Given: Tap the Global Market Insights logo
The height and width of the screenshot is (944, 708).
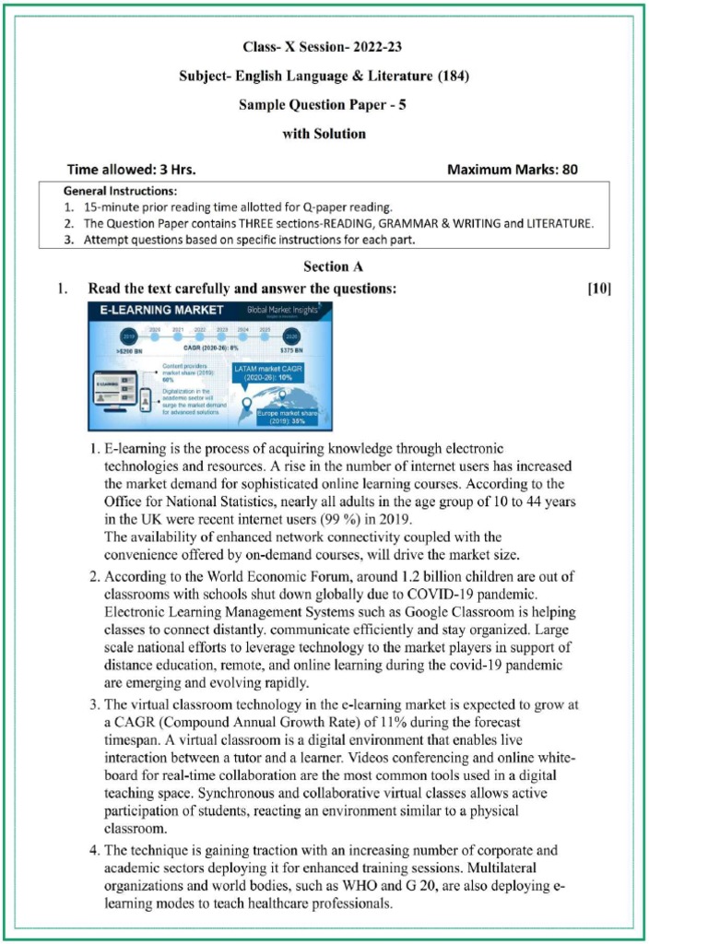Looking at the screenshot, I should pos(280,312).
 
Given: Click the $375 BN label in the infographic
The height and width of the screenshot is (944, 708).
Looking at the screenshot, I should pos(291,351).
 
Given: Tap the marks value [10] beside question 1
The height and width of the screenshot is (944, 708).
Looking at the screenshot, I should pos(598,289).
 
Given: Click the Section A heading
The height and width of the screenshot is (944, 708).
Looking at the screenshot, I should pos(325,266).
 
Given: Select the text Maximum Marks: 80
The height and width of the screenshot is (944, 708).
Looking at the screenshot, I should pos(512,170).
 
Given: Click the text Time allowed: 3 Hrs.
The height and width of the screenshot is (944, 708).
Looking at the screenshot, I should pos(131,170).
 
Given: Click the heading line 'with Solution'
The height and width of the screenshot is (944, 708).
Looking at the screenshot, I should pos(324,134).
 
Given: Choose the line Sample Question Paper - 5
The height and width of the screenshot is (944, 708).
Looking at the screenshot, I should pos(323,104).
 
